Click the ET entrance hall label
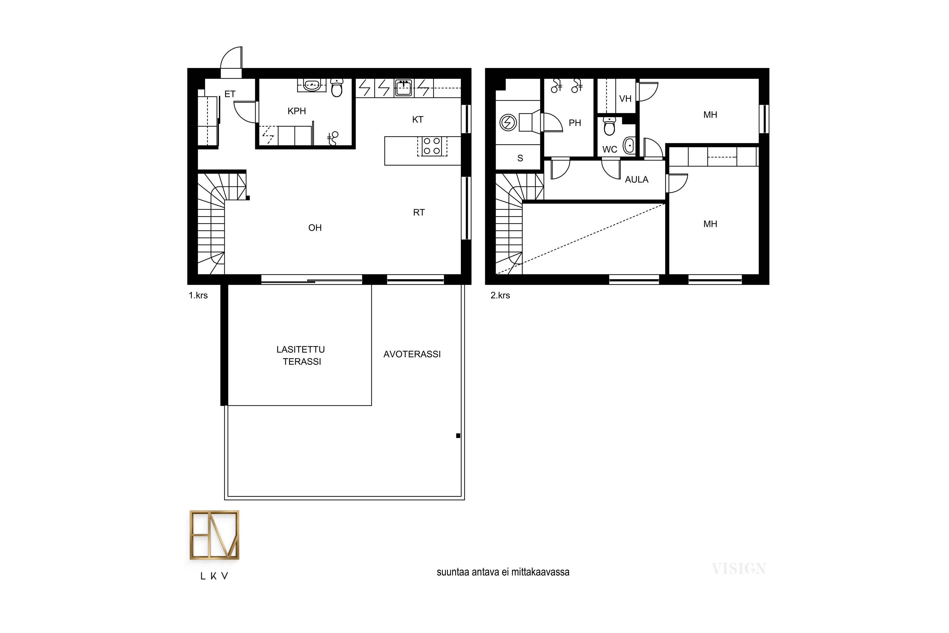click(230, 94)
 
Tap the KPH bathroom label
click(297, 111)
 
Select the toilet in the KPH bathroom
click(337, 88)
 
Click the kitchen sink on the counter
click(404, 88)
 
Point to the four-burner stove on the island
click(432, 146)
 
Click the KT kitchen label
click(418, 120)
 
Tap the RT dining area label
click(419, 212)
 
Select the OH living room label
click(315, 228)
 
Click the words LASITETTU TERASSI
click(301, 355)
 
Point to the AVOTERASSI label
click(412, 354)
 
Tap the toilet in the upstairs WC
click(609, 126)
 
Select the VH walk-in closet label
click(625, 98)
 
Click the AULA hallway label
click(637, 180)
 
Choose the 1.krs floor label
click(198, 296)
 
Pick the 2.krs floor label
click(500, 296)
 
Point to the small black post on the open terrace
click(458, 436)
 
